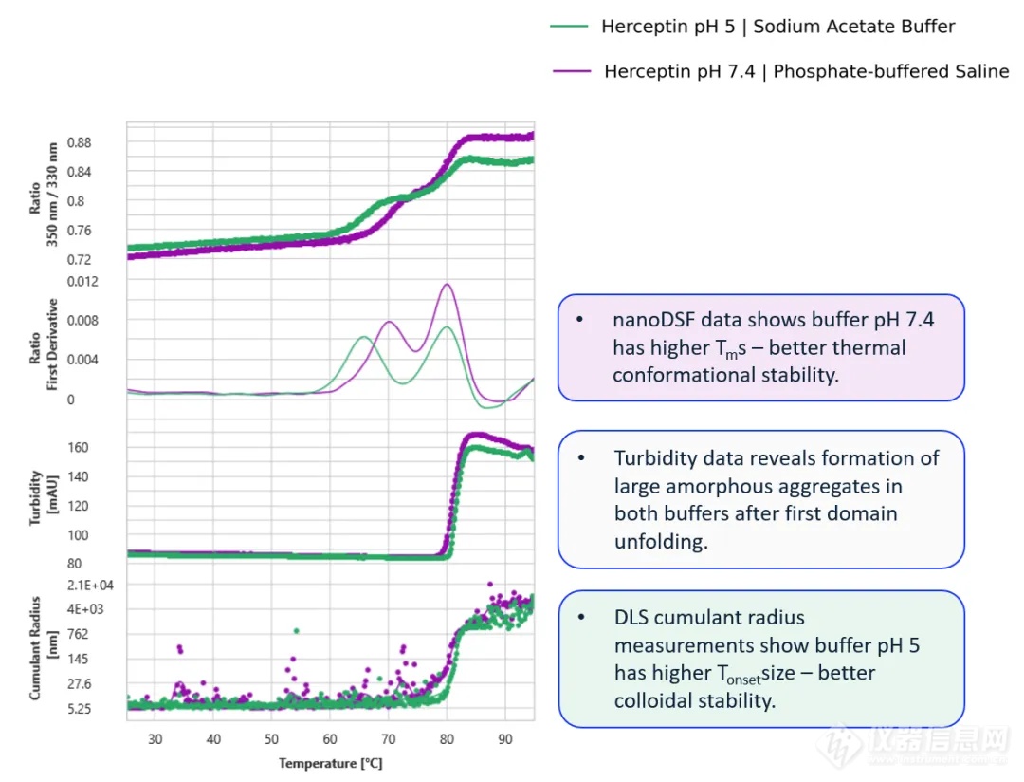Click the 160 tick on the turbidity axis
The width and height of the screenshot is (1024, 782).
79,447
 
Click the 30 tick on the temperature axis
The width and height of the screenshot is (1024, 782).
155,740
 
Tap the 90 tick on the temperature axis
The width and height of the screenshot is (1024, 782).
504,740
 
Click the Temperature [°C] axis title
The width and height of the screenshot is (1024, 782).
330,763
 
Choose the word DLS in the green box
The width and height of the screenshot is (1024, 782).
632,618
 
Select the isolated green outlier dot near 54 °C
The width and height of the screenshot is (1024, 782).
297,630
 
